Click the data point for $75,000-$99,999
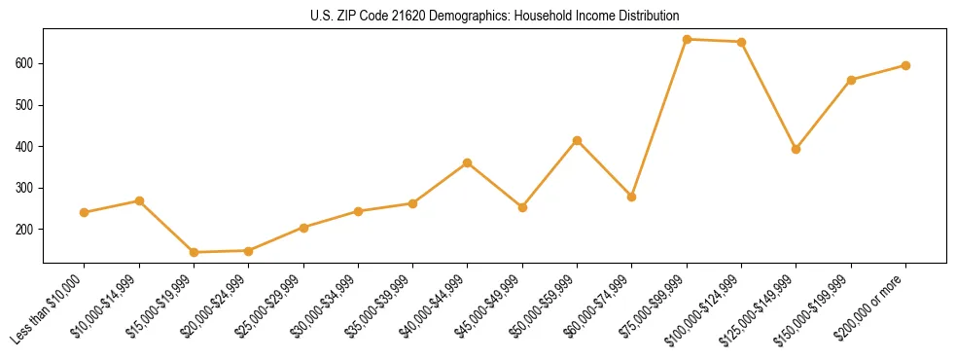point(687,39)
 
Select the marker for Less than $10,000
point(85,212)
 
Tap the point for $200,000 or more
point(905,65)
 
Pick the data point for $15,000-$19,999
point(194,252)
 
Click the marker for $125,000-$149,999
point(796,149)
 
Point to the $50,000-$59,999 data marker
point(577,140)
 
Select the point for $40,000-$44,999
point(468,162)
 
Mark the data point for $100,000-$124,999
point(741,42)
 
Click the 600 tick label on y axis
point(27,63)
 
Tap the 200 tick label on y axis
point(27,230)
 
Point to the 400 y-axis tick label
point(27,147)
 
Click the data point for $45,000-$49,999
point(522,207)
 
